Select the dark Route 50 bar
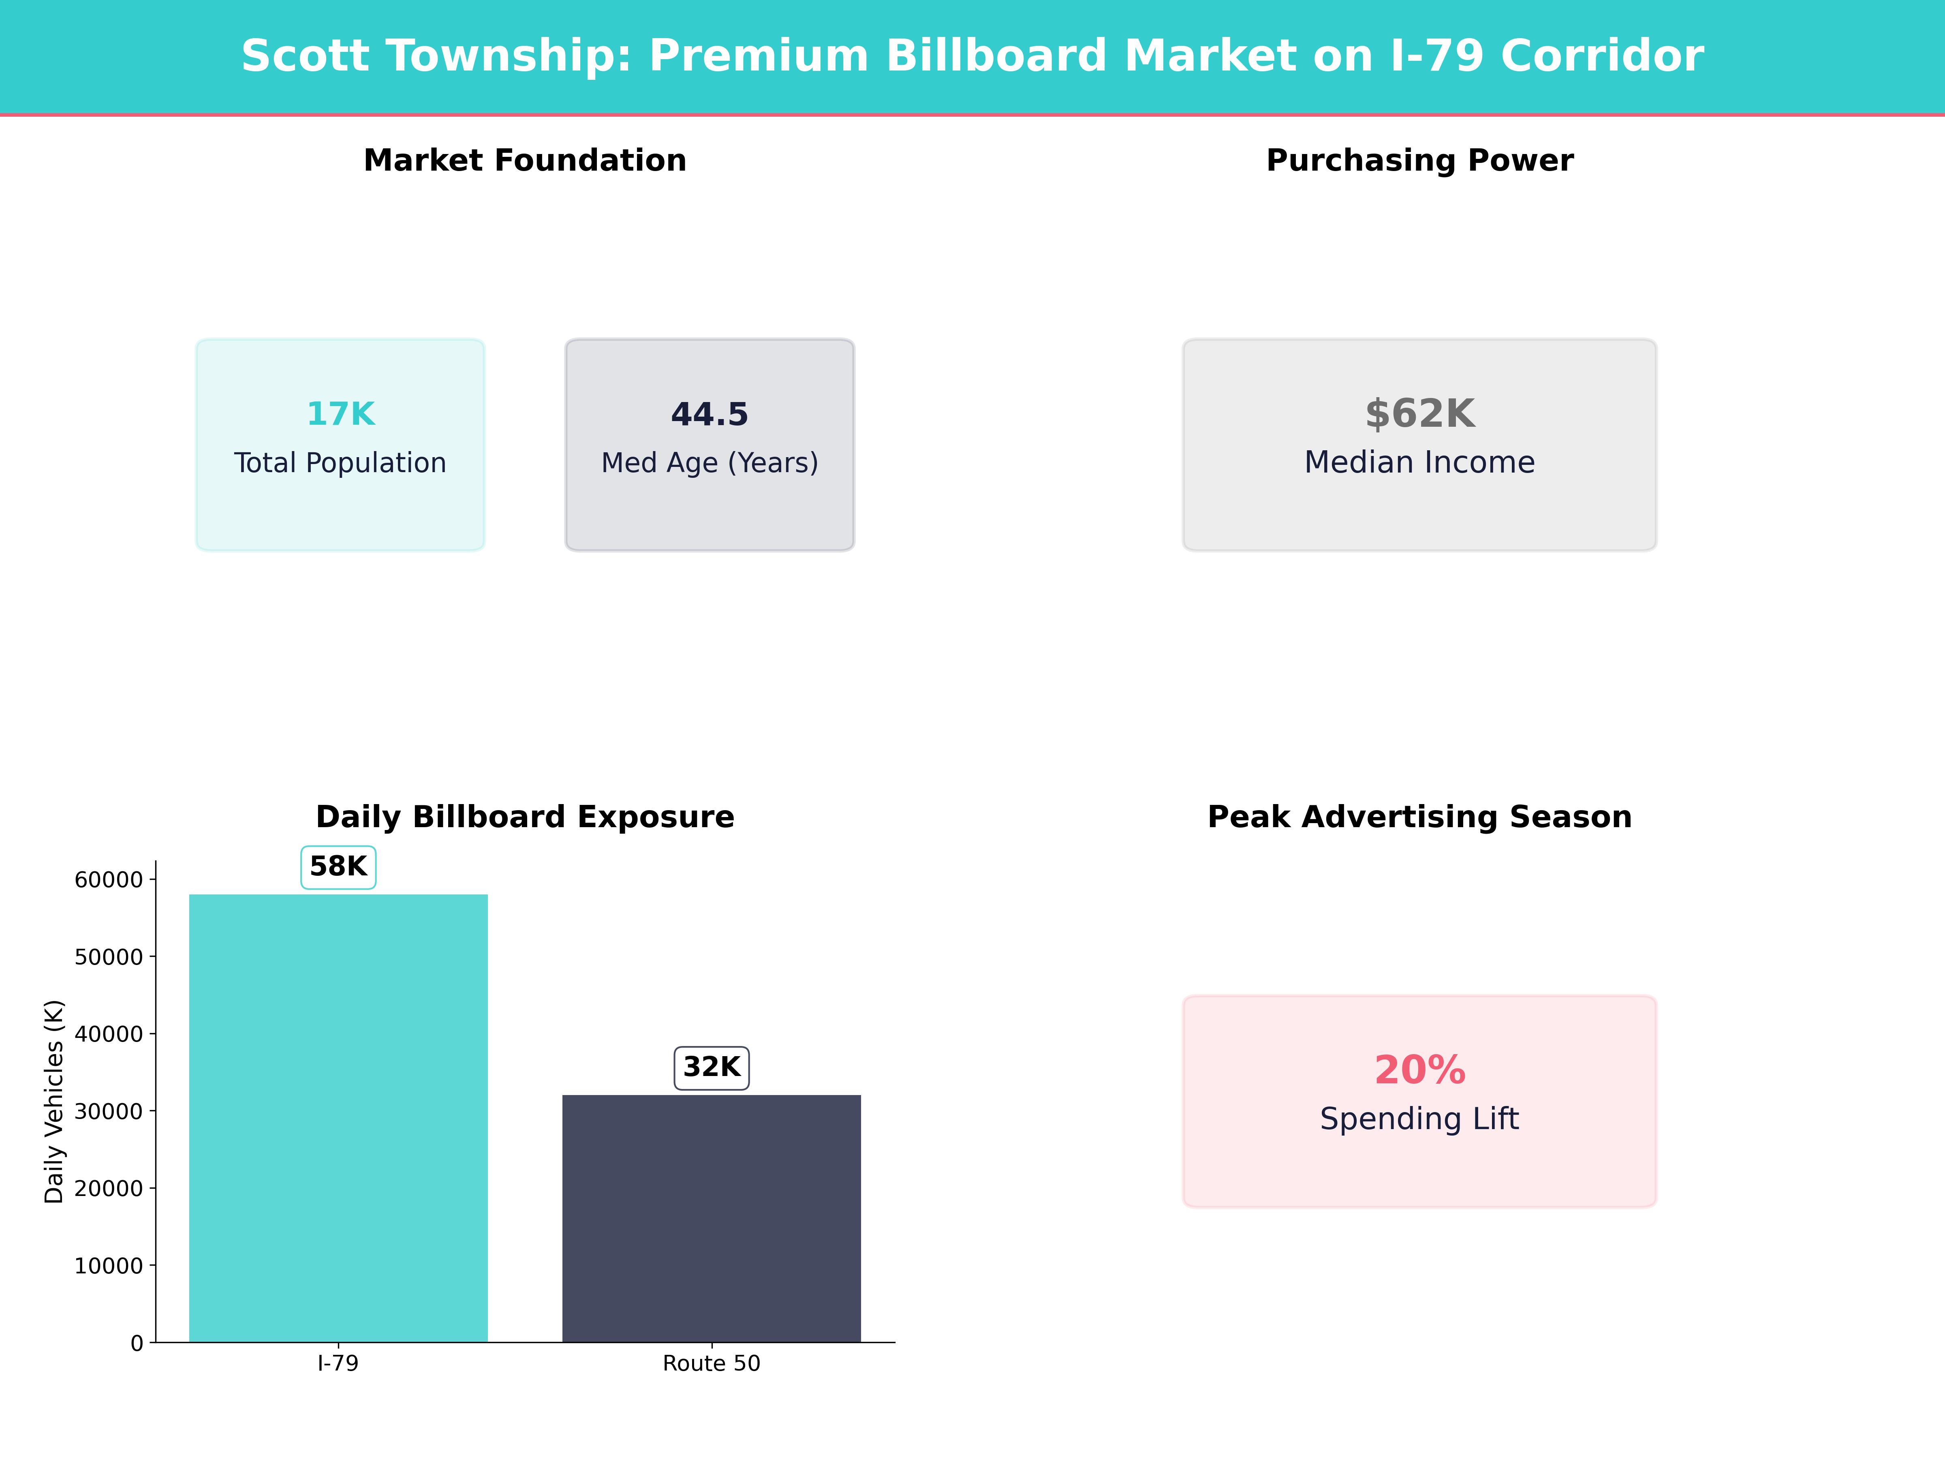pyautogui.click(x=712, y=1218)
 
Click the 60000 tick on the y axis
pyautogui.click(x=108, y=879)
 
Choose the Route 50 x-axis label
pyautogui.click(x=712, y=1364)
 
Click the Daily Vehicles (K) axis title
pyautogui.click(x=55, y=1101)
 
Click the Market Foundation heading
pyautogui.click(x=525, y=161)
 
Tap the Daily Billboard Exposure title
pyautogui.click(x=525, y=817)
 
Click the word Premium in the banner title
pyautogui.click(x=758, y=56)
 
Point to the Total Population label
pyautogui.click(x=340, y=462)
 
